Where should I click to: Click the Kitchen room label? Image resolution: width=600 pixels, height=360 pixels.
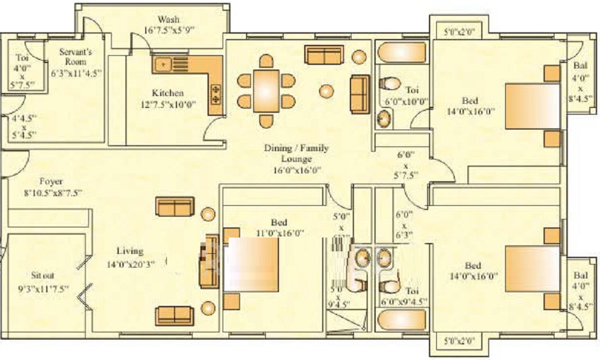pos(159,94)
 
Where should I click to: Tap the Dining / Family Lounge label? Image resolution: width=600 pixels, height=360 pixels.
pos(296,154)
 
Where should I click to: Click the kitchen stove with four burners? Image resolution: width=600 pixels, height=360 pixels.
pos(215,92)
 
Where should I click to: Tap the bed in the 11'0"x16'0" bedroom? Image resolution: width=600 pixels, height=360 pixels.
pos(250,265)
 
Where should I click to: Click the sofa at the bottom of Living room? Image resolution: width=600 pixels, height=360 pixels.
pos(175,314)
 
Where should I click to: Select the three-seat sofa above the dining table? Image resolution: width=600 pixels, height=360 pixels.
pos(324,55)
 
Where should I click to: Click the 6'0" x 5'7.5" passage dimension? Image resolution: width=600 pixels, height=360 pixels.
pos(406,165)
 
